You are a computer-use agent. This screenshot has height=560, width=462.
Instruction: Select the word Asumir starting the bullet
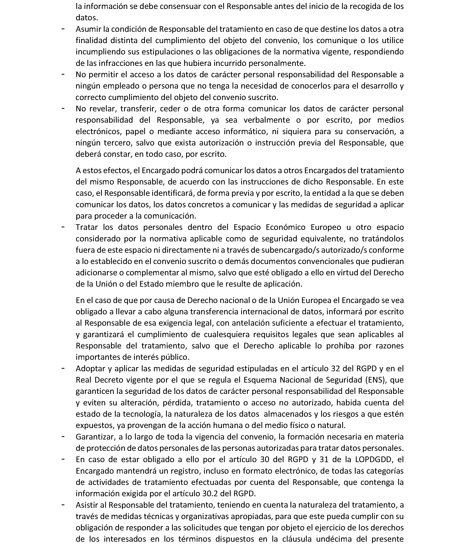[x=87, y=29]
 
